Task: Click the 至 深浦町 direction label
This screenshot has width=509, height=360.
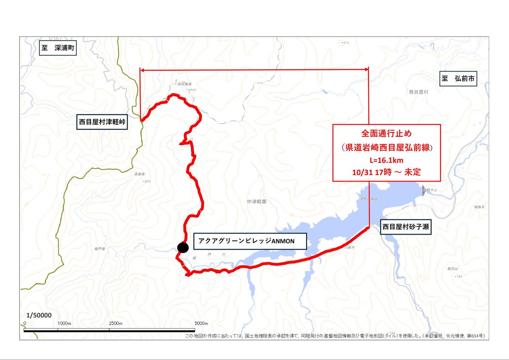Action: click(58, 48)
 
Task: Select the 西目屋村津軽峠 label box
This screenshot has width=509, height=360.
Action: click(103, 122)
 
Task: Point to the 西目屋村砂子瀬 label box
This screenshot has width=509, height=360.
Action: click(406, 227)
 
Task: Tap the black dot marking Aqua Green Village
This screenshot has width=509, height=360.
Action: click(183, 247)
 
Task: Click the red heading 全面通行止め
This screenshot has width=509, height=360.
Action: click(386, 133)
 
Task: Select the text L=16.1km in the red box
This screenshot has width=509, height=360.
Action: click(386, 161)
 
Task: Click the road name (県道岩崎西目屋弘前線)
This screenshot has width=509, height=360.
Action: click(386, 147)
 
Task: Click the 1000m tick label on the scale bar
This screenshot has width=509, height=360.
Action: click(64, 323)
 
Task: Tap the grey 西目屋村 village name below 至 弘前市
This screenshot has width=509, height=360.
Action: click(419, 92)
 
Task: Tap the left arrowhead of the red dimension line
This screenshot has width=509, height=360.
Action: click(142, 70)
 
